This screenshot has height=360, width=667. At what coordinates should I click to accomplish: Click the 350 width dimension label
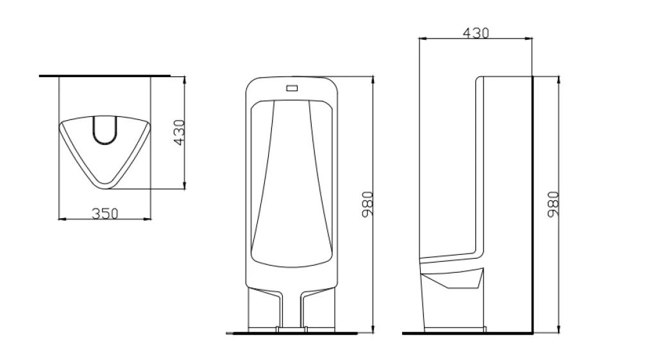(x=105, y=213)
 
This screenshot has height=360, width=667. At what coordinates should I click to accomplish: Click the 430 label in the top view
(x=180, y=132)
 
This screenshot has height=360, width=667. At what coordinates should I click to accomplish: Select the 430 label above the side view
(x=476, y=33)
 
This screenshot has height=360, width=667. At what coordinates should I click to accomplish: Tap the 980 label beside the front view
(x=367, y=204)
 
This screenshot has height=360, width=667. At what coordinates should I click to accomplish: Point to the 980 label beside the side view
(x=553, y=204)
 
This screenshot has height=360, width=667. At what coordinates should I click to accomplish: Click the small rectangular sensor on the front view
(x=292, y=88)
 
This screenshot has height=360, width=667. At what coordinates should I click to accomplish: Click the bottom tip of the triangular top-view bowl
(x=105, y=188)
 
